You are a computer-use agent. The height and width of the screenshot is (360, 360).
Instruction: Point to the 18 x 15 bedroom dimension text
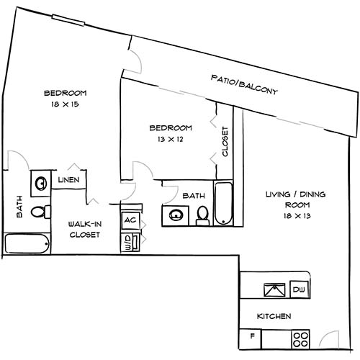pyautogui.click(x=65, y=105)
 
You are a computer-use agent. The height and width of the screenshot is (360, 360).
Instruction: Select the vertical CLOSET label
pyautogui.click(x=225, y=141)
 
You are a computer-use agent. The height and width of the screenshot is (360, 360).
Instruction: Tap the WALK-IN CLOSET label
pyautogui.click(x=84, y=233)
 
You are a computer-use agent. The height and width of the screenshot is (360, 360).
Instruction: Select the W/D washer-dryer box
pyautogui.click(x=130, y=240)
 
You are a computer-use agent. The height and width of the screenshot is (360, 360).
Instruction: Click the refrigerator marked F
pyautogui.click(x=252, y=336)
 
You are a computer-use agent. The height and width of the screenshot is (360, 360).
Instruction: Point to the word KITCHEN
pyautogui.click(x=274, y=316)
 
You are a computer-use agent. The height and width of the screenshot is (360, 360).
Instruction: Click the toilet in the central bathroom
pyautogui.click(x=202, y=215)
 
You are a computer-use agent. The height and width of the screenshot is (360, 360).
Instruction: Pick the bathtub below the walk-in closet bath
pyautogui.click(x=27, y=243)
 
